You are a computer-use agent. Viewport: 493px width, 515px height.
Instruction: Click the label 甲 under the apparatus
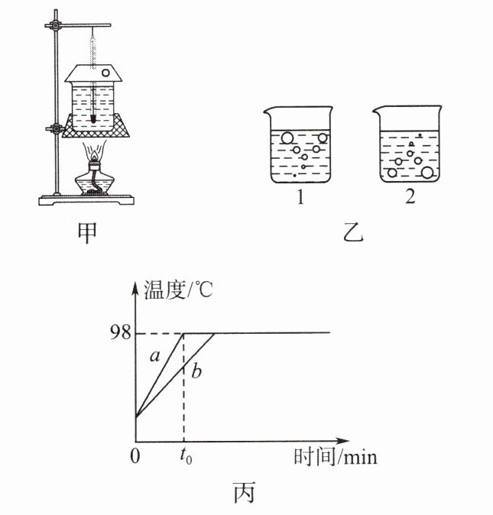[x=89, y=234]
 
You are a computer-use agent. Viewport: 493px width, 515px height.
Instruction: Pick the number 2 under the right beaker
[x=410, y=199]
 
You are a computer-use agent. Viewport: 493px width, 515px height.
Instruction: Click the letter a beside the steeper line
[x=154, y=356]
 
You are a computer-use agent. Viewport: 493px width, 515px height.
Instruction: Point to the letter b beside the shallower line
[x=196, y=372]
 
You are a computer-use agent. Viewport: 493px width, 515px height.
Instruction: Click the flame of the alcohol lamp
[x=94, y=154]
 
